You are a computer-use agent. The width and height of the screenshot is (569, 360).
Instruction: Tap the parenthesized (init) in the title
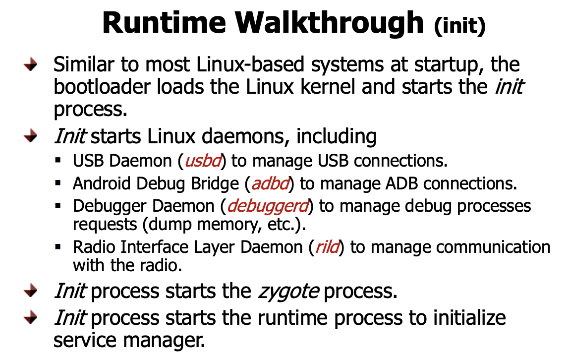pos(459,26)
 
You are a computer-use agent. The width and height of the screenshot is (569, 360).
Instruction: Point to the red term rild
pos(328,247)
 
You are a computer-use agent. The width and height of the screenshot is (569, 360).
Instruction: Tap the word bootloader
pos(104,87)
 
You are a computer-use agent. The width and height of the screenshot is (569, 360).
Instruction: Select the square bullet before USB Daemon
pos(58,161)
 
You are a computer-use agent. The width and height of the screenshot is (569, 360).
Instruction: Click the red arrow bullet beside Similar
pos(31,65)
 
